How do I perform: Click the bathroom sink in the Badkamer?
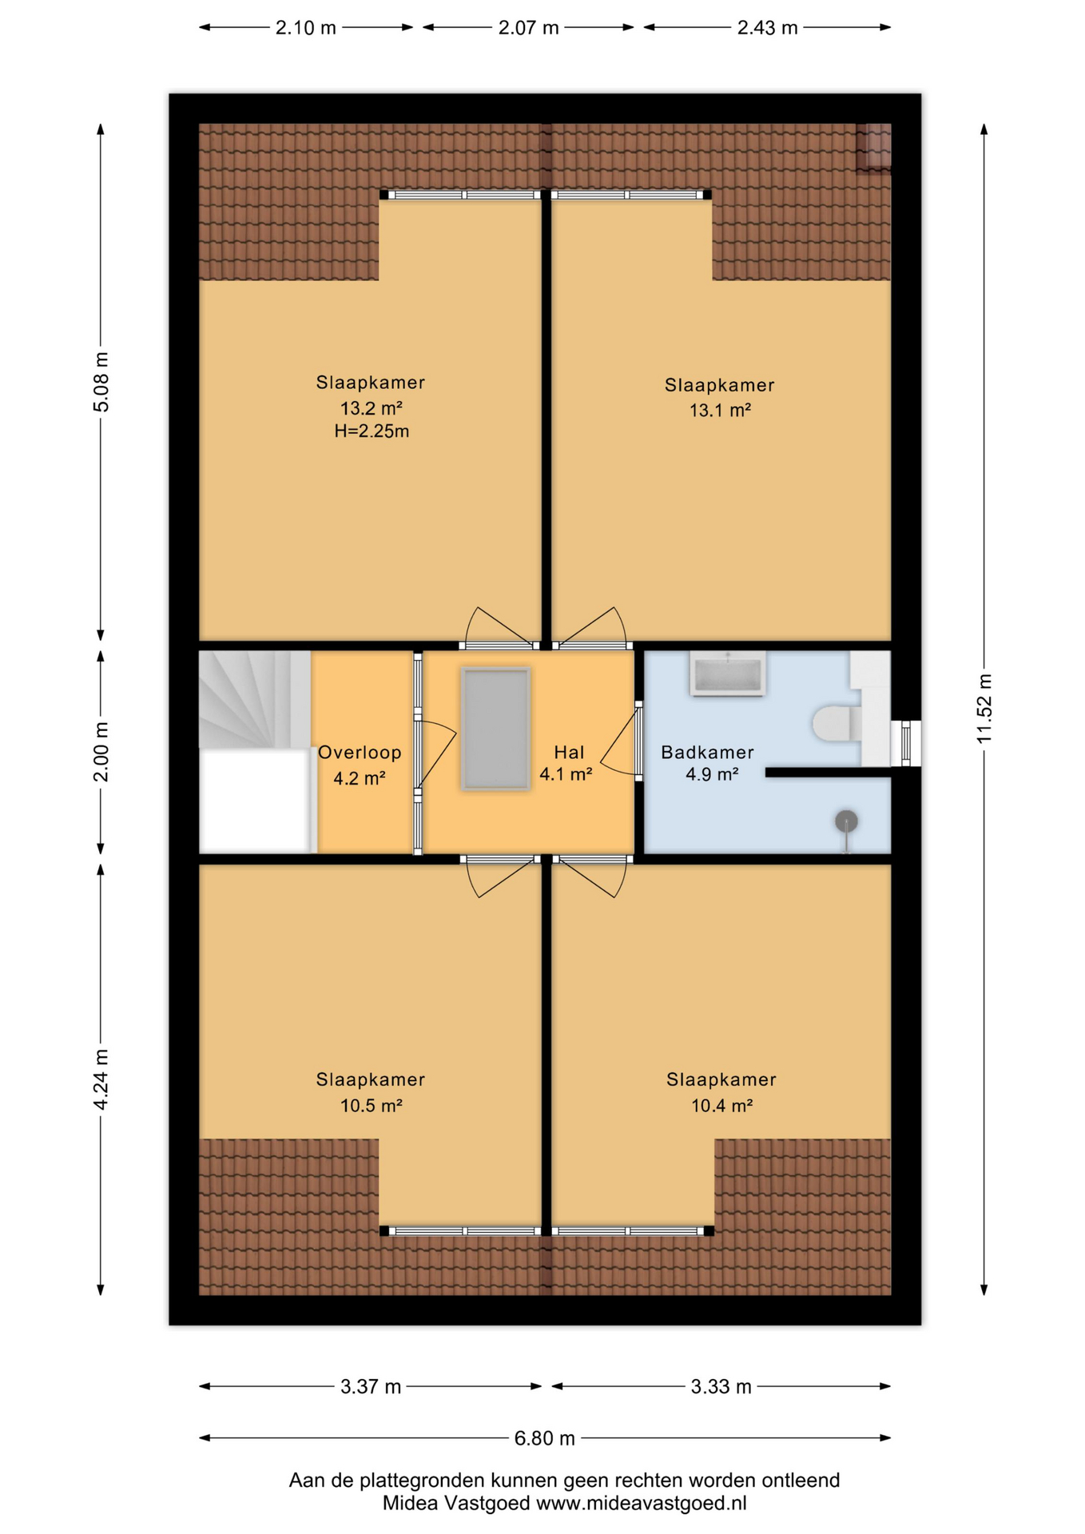click(727, 673)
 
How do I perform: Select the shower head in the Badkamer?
click(846, 821)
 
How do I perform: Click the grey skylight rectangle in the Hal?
click(495, 729)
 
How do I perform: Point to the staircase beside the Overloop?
click(255, 700)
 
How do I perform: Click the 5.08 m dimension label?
click(101, 382)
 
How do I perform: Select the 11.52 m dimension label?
click(984, 709)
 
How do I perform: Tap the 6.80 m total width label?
click(544, 1438)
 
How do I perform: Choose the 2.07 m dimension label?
click(528, 28)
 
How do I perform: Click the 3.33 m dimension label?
click(721, 1386)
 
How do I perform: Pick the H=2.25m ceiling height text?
click(372, 431)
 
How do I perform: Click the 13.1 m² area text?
click(720, 411)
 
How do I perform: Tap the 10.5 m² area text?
click(371, 1106)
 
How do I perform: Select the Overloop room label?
click(360, 753)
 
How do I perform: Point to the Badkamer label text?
click(707, 753)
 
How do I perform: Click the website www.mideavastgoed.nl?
click(642, 1503)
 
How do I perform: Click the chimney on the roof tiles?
click(873, 147)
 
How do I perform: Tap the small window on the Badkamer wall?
click(905, 744)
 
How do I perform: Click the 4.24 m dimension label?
click(101, 1079)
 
